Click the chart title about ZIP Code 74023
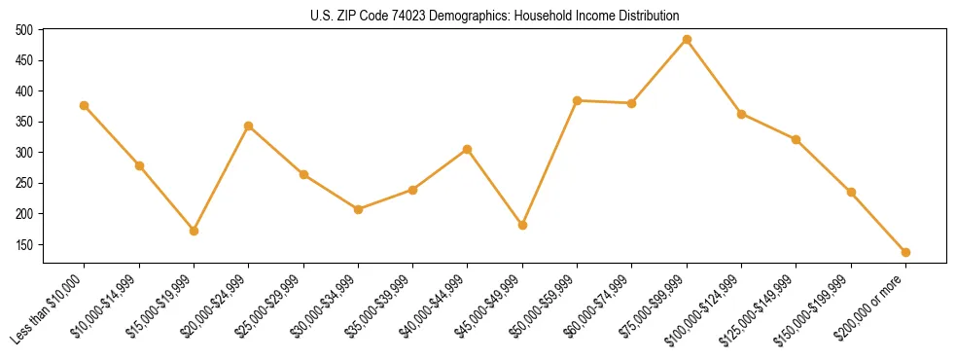coord(478,16)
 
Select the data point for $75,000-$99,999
coord(687,40)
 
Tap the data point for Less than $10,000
coord(84,105)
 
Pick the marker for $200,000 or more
coord(905,252)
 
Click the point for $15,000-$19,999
coord(194,231)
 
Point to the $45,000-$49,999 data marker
coord(522,225)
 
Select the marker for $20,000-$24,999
coord(248,126)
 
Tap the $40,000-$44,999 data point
coord(468,149)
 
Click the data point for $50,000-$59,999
coord(577,100)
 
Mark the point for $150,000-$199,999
coord(851,192)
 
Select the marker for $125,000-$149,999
coord(796,139)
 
